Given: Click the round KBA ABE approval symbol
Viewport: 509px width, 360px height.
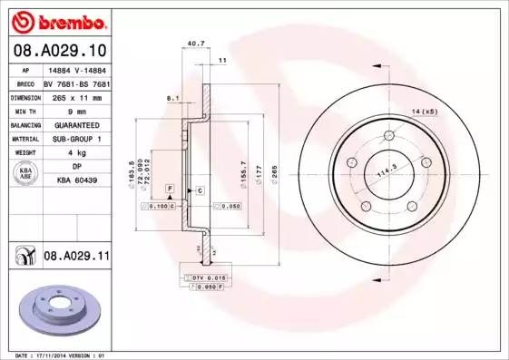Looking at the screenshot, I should (26, 174).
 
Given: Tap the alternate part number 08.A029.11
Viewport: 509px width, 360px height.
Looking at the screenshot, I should (76, 257).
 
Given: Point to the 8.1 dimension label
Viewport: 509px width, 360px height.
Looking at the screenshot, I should (172, 97).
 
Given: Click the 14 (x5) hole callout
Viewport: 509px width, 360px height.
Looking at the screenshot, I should (424, 111).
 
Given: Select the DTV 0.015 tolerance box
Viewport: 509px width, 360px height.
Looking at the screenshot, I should (208, 277).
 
